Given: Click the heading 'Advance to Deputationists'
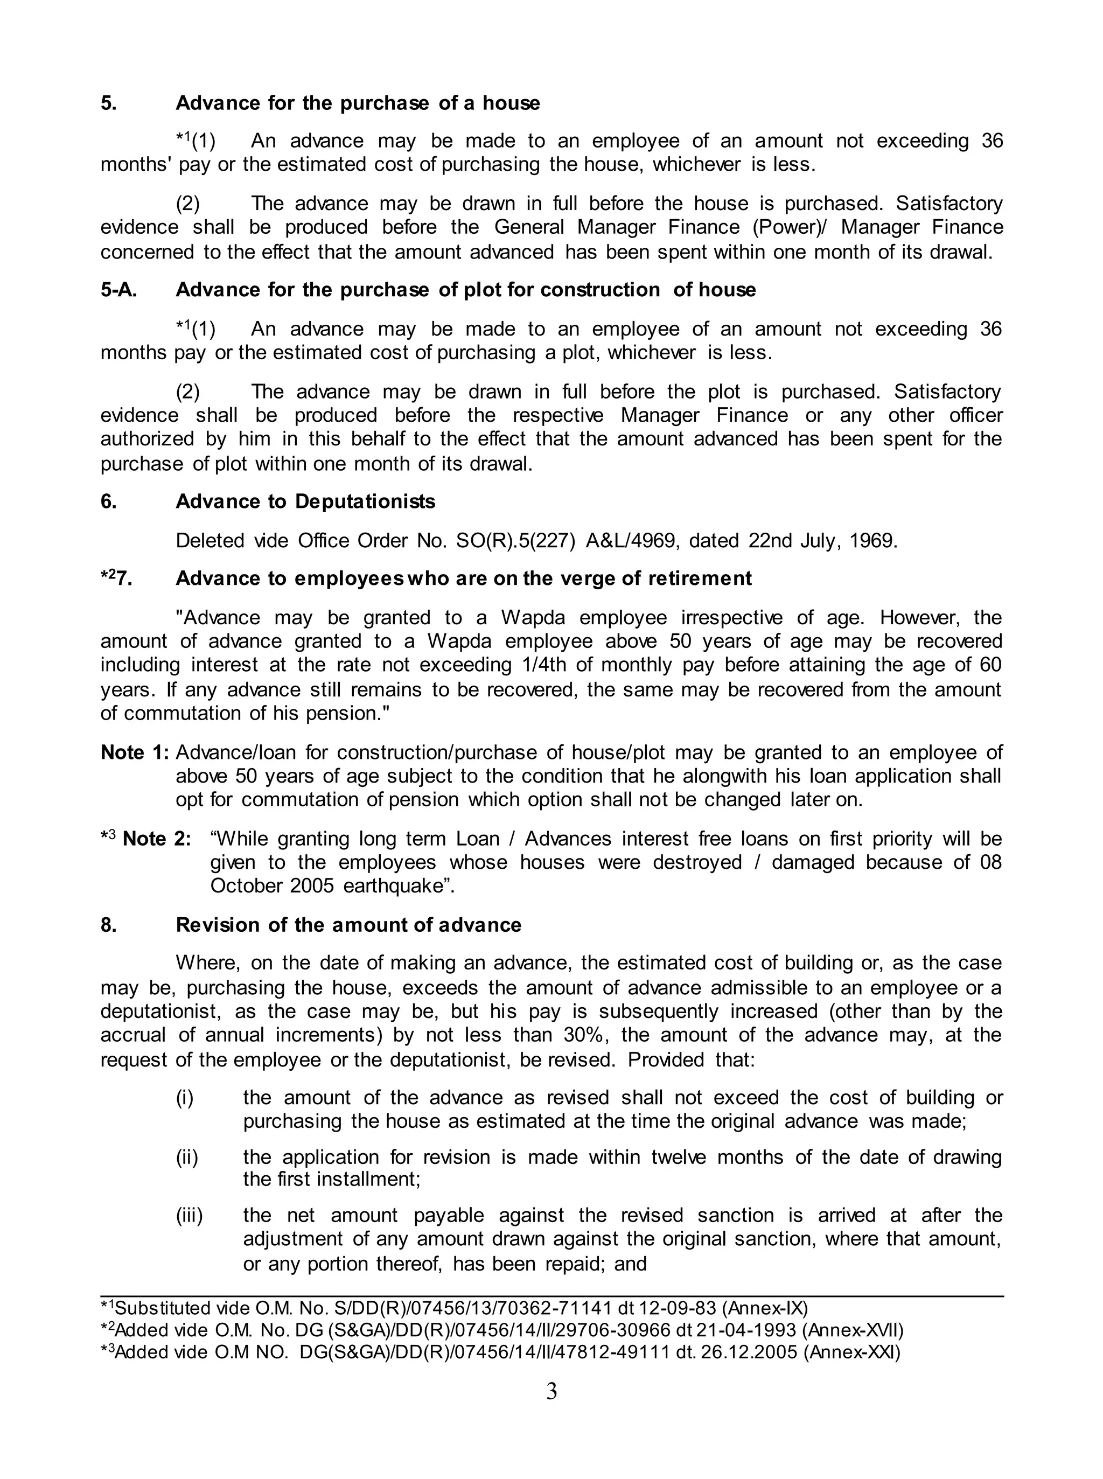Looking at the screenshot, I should [305, 501].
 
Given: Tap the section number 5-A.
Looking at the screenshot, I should [119, 290].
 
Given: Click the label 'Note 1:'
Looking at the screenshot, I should [135, 752].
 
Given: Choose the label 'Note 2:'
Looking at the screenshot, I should [157, 839].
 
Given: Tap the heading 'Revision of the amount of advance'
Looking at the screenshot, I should [348, 925].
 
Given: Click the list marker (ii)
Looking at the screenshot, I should [187, 1157].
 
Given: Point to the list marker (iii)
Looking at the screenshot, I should [189, 1215].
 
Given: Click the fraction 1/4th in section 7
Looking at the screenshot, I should [641, 665].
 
